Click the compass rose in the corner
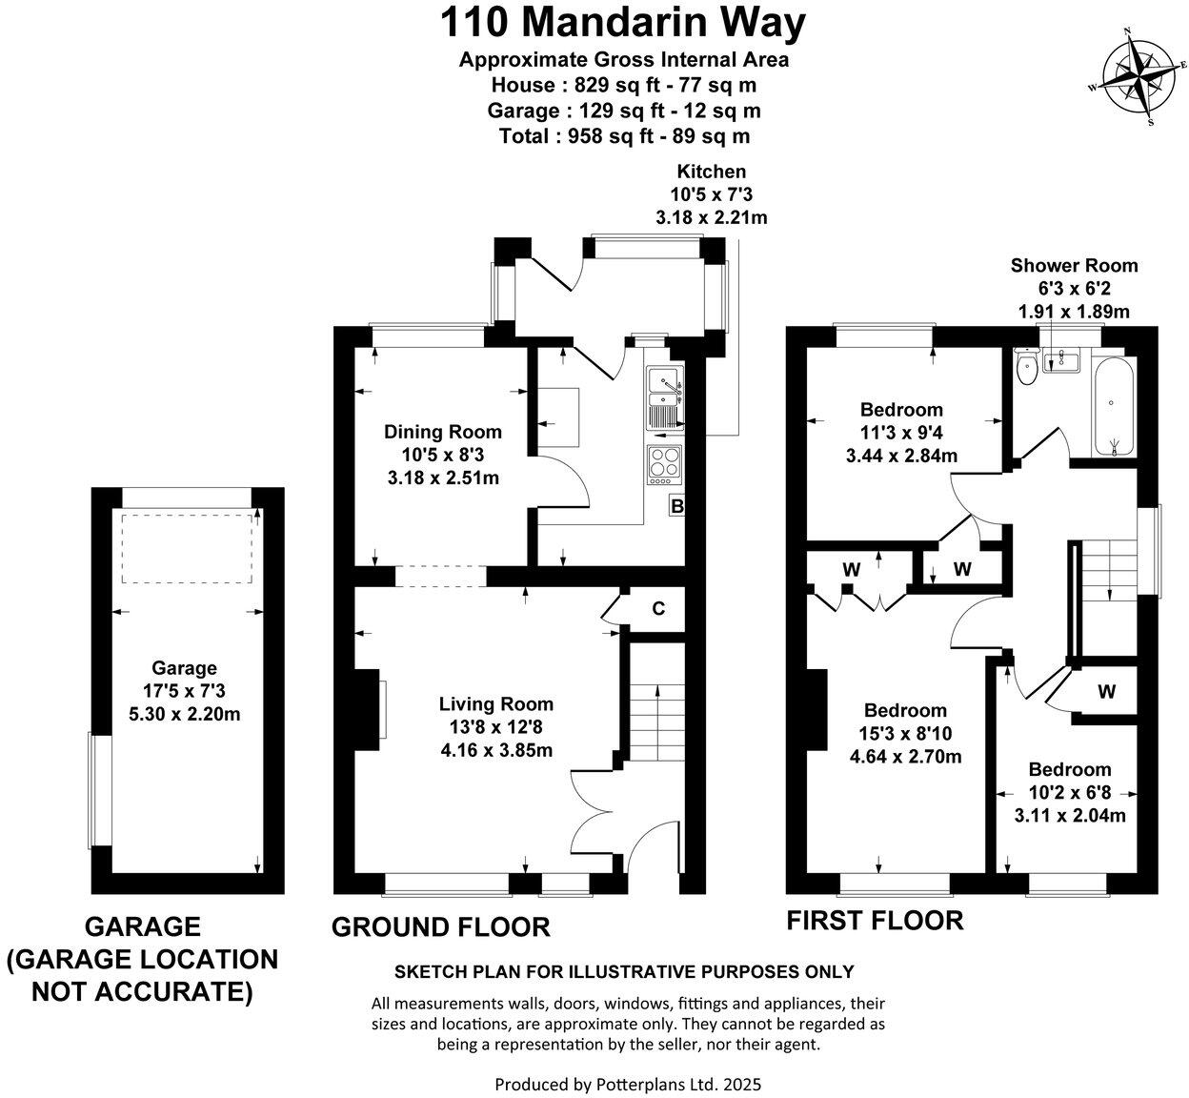[1141, 77]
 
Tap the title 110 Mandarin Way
[623, 23]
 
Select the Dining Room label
[442, 432]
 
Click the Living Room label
[495, 704]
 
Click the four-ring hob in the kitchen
[663, 464]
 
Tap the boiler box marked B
[676, 506]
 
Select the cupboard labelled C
[657, 609]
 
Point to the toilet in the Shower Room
[1027, 368]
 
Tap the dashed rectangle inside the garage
[188, 548]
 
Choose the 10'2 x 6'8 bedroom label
[1069, 769]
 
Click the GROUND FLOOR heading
[440, 926]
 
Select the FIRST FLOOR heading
[875, 920]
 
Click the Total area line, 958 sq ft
[623, 135]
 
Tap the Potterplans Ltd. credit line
[628, 1084]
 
